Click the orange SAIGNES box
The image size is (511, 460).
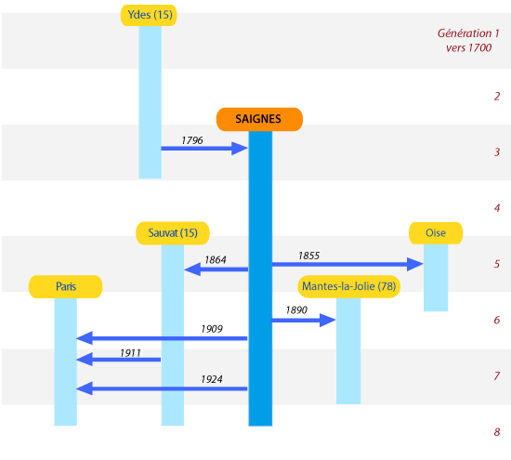coord(259,119)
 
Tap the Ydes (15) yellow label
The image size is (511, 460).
coord(149,15)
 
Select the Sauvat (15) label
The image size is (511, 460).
coord(173,233)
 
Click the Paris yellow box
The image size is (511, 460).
coord(66,286)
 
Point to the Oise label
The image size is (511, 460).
coord(436,233)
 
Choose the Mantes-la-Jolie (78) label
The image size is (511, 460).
coord(348,286)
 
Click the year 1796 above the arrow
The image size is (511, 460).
coord(192,140)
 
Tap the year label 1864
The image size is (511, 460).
coord(216,260)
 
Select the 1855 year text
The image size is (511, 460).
coord(309,256)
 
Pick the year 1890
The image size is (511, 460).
coord(296,310)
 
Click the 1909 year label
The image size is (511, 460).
coord(212,329)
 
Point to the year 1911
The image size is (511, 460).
coord(130,353)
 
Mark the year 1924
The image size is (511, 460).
coord(212,379)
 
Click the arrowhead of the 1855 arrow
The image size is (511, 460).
coord(415,264)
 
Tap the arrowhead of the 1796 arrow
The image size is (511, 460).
coord(240,149)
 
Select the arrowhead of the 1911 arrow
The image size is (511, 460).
coord(85,360)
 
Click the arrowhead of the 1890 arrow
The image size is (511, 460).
coord(328,321)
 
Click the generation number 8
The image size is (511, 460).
coord(497,432)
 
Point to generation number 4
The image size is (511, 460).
coord(497,208)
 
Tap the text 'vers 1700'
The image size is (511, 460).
coord(468,48)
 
